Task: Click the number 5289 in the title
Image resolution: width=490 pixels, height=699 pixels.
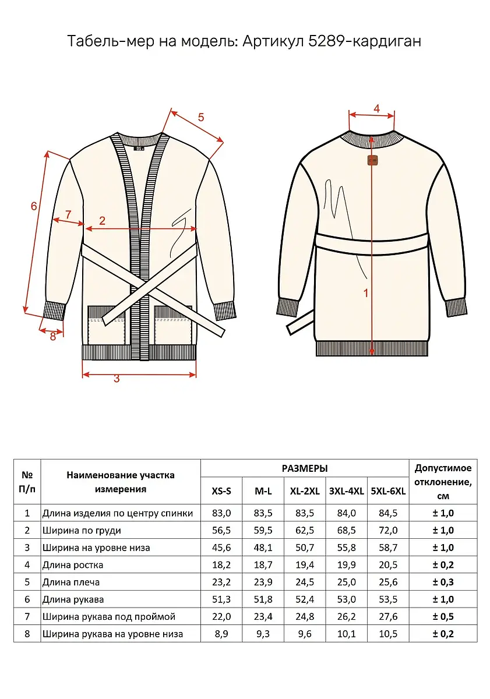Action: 327,41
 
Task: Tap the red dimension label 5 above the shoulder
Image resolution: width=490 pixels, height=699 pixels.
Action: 200,117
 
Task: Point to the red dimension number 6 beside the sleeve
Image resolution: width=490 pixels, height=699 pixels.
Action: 34,206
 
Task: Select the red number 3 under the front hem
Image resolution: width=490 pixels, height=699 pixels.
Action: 117,379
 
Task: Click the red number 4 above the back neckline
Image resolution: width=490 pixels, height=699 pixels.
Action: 377,108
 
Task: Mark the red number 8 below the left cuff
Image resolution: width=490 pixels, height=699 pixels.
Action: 53,337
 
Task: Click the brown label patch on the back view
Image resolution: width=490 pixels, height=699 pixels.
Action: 372,160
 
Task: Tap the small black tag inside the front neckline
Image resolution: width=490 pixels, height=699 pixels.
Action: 139,148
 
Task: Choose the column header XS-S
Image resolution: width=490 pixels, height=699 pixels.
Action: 221,491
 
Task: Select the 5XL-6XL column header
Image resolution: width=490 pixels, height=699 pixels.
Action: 388,491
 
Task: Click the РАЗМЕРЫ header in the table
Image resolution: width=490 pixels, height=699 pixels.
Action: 305,468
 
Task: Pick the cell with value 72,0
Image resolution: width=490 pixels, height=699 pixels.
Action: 388,530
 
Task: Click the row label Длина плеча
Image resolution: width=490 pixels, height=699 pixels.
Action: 71,582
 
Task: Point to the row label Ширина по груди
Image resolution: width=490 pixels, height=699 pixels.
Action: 82,530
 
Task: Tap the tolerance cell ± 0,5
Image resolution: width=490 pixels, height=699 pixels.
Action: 443,616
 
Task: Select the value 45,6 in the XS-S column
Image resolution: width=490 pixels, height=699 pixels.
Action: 221,548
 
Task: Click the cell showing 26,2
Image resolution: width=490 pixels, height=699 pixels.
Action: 347,616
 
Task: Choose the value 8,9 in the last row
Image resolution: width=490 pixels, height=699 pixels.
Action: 221,634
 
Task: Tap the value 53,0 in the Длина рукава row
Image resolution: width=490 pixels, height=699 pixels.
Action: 347,599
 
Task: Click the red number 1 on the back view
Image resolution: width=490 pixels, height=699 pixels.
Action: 366,293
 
